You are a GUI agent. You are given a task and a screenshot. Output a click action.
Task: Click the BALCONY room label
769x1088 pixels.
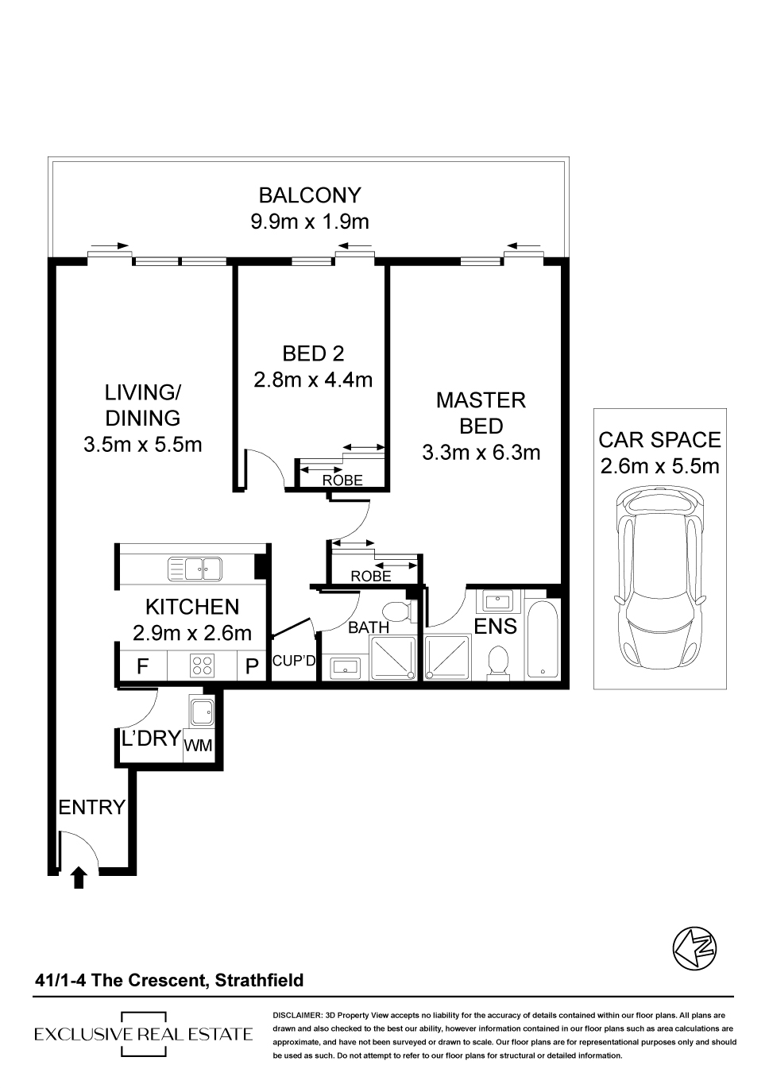[310, 195]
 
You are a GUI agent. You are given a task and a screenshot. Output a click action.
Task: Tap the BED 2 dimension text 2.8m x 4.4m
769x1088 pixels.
[313, 380]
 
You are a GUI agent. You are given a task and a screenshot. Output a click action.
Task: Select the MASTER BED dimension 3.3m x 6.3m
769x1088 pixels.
[481, 452]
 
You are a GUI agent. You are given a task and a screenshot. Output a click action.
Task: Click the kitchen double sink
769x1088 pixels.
[195, 569]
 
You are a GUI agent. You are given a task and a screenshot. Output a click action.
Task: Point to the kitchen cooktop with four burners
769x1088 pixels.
[202, 666]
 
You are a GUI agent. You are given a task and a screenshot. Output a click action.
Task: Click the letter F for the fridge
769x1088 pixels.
[142, 666]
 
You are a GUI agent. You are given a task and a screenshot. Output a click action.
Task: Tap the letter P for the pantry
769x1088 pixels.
[252, 666]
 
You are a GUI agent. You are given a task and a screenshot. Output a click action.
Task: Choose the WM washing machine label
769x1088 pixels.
[198, 745]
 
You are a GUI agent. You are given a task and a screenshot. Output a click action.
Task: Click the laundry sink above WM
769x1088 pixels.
[201, 712]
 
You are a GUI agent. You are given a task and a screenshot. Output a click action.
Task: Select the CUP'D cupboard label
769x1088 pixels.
[294, 661]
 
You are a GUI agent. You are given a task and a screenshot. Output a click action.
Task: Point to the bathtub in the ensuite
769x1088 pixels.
[543, 639]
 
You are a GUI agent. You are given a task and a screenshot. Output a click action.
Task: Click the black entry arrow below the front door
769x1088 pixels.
[79, 878]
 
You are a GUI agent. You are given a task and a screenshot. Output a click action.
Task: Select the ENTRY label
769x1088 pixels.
[92, 807]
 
